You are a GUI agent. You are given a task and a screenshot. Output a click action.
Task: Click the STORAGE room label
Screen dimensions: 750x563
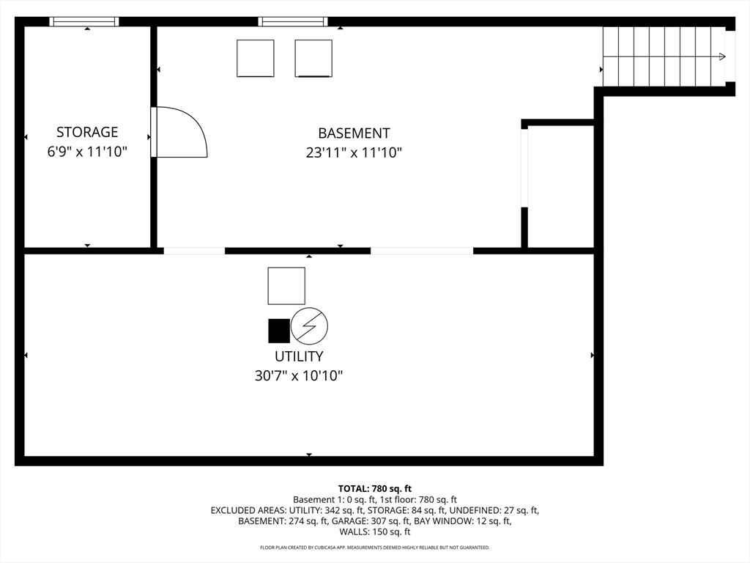click(87, 132)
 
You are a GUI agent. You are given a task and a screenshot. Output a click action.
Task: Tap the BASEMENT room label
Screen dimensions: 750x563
click(354, 133)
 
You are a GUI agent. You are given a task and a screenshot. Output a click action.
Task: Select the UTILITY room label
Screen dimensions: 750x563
click(299, 356)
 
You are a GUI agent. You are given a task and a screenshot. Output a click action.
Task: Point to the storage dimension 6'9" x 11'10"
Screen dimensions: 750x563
click(87, 152)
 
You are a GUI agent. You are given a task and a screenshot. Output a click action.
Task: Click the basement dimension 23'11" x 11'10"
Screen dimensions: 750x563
click(354, 152)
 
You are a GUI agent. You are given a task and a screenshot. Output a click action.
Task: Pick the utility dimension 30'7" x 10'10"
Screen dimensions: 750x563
click(299, 376)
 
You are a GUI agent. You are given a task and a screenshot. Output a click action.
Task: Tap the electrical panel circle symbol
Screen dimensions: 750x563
click(310, 326)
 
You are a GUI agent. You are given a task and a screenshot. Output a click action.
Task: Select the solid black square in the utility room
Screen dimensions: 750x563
click(279, 331)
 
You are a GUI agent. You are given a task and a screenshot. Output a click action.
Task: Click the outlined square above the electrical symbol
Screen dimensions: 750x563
click(286, 286)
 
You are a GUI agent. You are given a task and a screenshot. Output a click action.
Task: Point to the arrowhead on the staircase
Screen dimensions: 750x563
click(722, 56)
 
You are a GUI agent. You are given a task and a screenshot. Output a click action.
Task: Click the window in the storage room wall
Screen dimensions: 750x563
click(84, 21)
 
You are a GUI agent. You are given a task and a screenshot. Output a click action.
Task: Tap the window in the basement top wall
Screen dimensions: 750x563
click(293, 21)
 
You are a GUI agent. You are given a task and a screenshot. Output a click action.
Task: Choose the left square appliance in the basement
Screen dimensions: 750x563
click(256, 59)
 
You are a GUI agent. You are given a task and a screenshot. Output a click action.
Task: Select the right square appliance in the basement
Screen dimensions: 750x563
click(313, 59)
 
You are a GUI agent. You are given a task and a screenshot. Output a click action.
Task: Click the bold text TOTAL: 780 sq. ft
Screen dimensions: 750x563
click(375, 489)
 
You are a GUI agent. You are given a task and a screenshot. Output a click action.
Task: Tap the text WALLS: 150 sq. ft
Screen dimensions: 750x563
click(375, 531)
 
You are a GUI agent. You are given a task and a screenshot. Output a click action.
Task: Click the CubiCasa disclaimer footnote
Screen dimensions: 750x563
click(375, 547)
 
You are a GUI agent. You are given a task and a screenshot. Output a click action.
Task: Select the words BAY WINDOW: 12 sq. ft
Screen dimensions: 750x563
click(463, 521)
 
